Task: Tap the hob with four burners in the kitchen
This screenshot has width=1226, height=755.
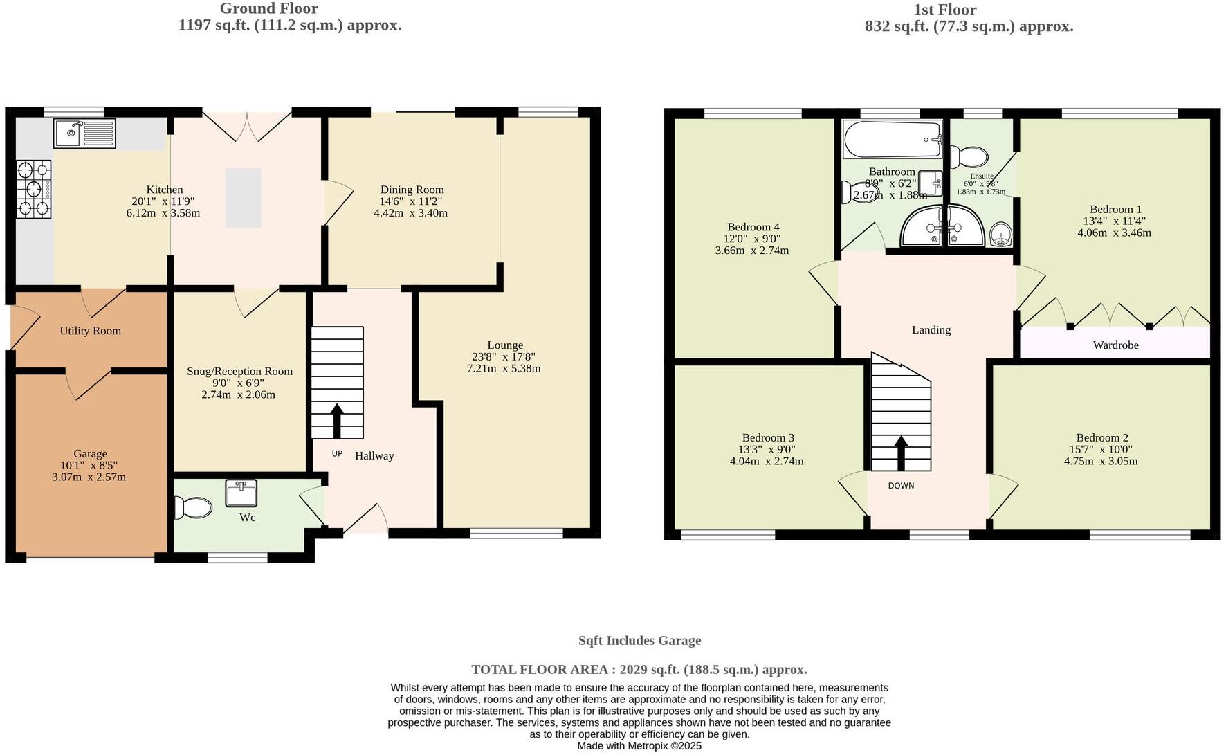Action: point(34,190)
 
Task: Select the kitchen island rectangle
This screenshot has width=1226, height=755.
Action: point(244,197)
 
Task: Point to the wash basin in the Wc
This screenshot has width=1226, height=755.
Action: point(241,493)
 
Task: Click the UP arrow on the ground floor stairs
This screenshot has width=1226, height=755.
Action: point(337,420)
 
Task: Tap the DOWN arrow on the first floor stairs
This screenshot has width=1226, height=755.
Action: point(901,451)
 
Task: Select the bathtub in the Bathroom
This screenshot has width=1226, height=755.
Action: point(893,140)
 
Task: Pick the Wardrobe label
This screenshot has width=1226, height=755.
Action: point(1115,345)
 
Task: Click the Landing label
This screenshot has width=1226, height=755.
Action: point(931,329)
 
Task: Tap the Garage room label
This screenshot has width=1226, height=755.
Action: point(90,453)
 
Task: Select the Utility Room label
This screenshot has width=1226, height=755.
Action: point(90,331)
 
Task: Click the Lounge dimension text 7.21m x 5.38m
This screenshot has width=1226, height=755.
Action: point(504,369)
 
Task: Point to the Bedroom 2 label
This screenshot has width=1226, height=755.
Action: point(1101,437)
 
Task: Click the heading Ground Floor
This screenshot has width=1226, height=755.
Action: point(268,9)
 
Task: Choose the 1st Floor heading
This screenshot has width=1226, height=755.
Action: point(944,10)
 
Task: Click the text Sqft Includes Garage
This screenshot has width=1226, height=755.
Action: point(639,641)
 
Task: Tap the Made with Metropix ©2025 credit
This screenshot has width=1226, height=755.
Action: point(639,746)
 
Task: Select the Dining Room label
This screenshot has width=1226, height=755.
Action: point(412,190)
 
